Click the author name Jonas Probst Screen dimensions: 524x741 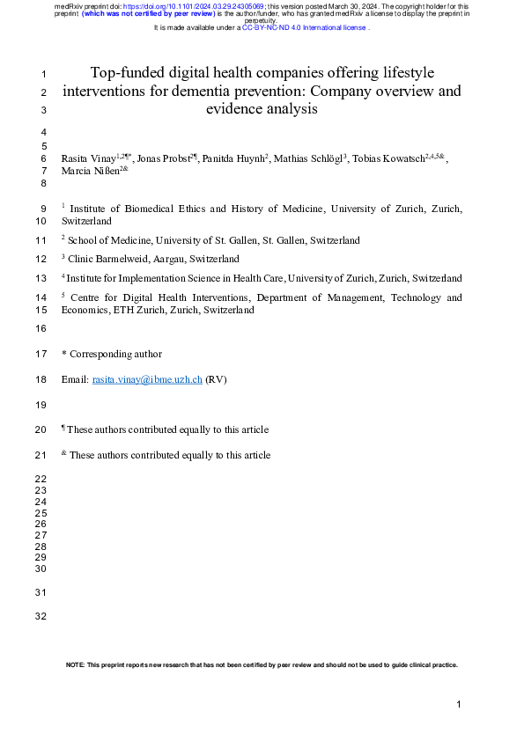163,158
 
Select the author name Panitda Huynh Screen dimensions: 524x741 235,158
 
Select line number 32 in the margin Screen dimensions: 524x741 40,616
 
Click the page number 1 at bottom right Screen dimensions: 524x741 459,705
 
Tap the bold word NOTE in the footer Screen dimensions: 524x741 76,665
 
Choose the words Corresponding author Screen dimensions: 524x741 115,354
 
